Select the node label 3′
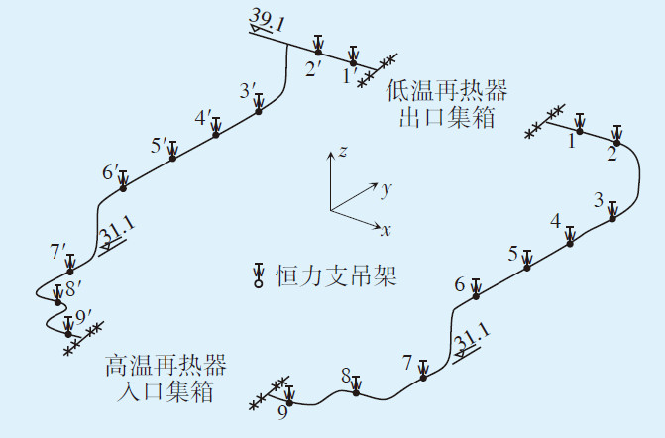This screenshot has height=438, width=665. point(248,90)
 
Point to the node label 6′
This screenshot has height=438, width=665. point(109,172)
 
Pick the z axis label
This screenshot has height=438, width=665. point(341,151)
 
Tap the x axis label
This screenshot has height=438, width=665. point(386,230)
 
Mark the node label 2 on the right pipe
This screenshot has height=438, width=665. point(611,153)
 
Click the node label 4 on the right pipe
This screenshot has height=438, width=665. point(555,220)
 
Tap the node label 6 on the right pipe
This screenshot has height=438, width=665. point(460,285)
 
